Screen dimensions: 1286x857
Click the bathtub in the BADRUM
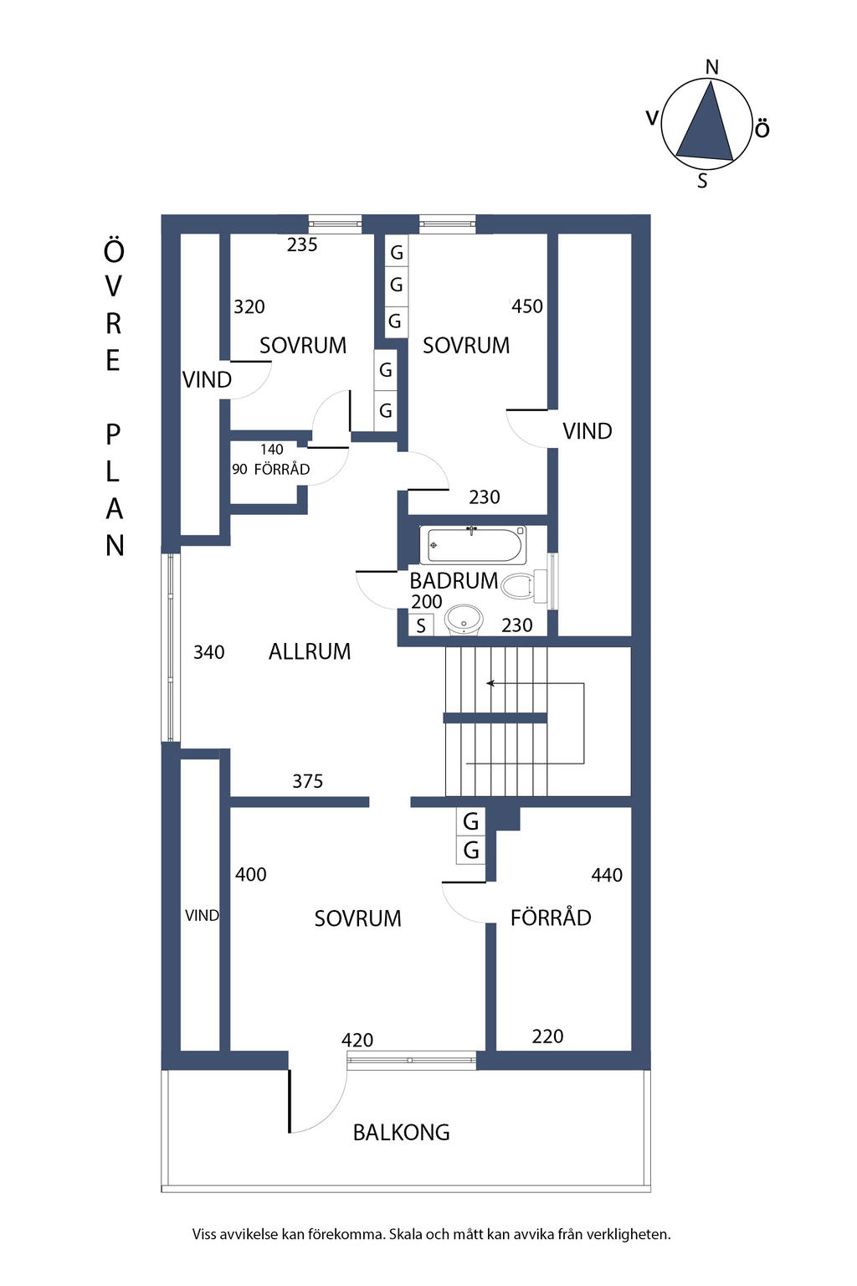click(x=473, y=544)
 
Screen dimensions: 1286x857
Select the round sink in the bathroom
click(x=463, y=621)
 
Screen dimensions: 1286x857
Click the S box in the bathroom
click(x=421, y=625)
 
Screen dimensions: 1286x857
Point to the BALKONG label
click(x=401, y=1133)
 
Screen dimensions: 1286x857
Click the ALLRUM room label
click(x=309, y=651)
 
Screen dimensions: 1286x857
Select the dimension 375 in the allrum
click(x=307, y=781)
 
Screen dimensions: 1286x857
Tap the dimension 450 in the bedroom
click(x=527, y=306)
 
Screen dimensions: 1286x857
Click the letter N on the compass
click(x=712, y=68)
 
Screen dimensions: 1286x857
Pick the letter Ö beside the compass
click(x=762, y=130)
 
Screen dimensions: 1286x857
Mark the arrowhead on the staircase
click(x=490, y=683)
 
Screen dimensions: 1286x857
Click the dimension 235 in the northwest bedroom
click(x=302, y=244)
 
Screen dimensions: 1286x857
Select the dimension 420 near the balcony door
click(x=357, y=1040)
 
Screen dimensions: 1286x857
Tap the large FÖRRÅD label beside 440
click(x=551, y=918)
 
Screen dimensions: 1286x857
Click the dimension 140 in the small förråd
click(x=271, y=450)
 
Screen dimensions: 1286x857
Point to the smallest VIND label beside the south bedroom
click(x=202, y=916)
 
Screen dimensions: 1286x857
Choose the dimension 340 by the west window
click(x=208, y=652)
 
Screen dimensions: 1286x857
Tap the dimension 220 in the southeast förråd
click(x=547, y=1037)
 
